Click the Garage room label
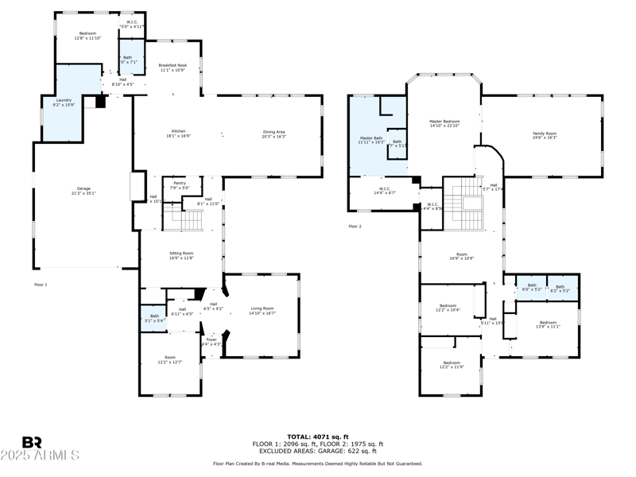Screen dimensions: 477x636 coord(83,190)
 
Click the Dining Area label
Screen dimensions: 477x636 coord(273,134)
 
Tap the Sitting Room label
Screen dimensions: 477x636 coord(181,255)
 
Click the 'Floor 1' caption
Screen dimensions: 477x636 coord(41,284)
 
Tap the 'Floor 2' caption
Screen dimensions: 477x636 coord(355,227)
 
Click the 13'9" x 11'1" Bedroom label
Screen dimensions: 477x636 coord(548,324)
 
